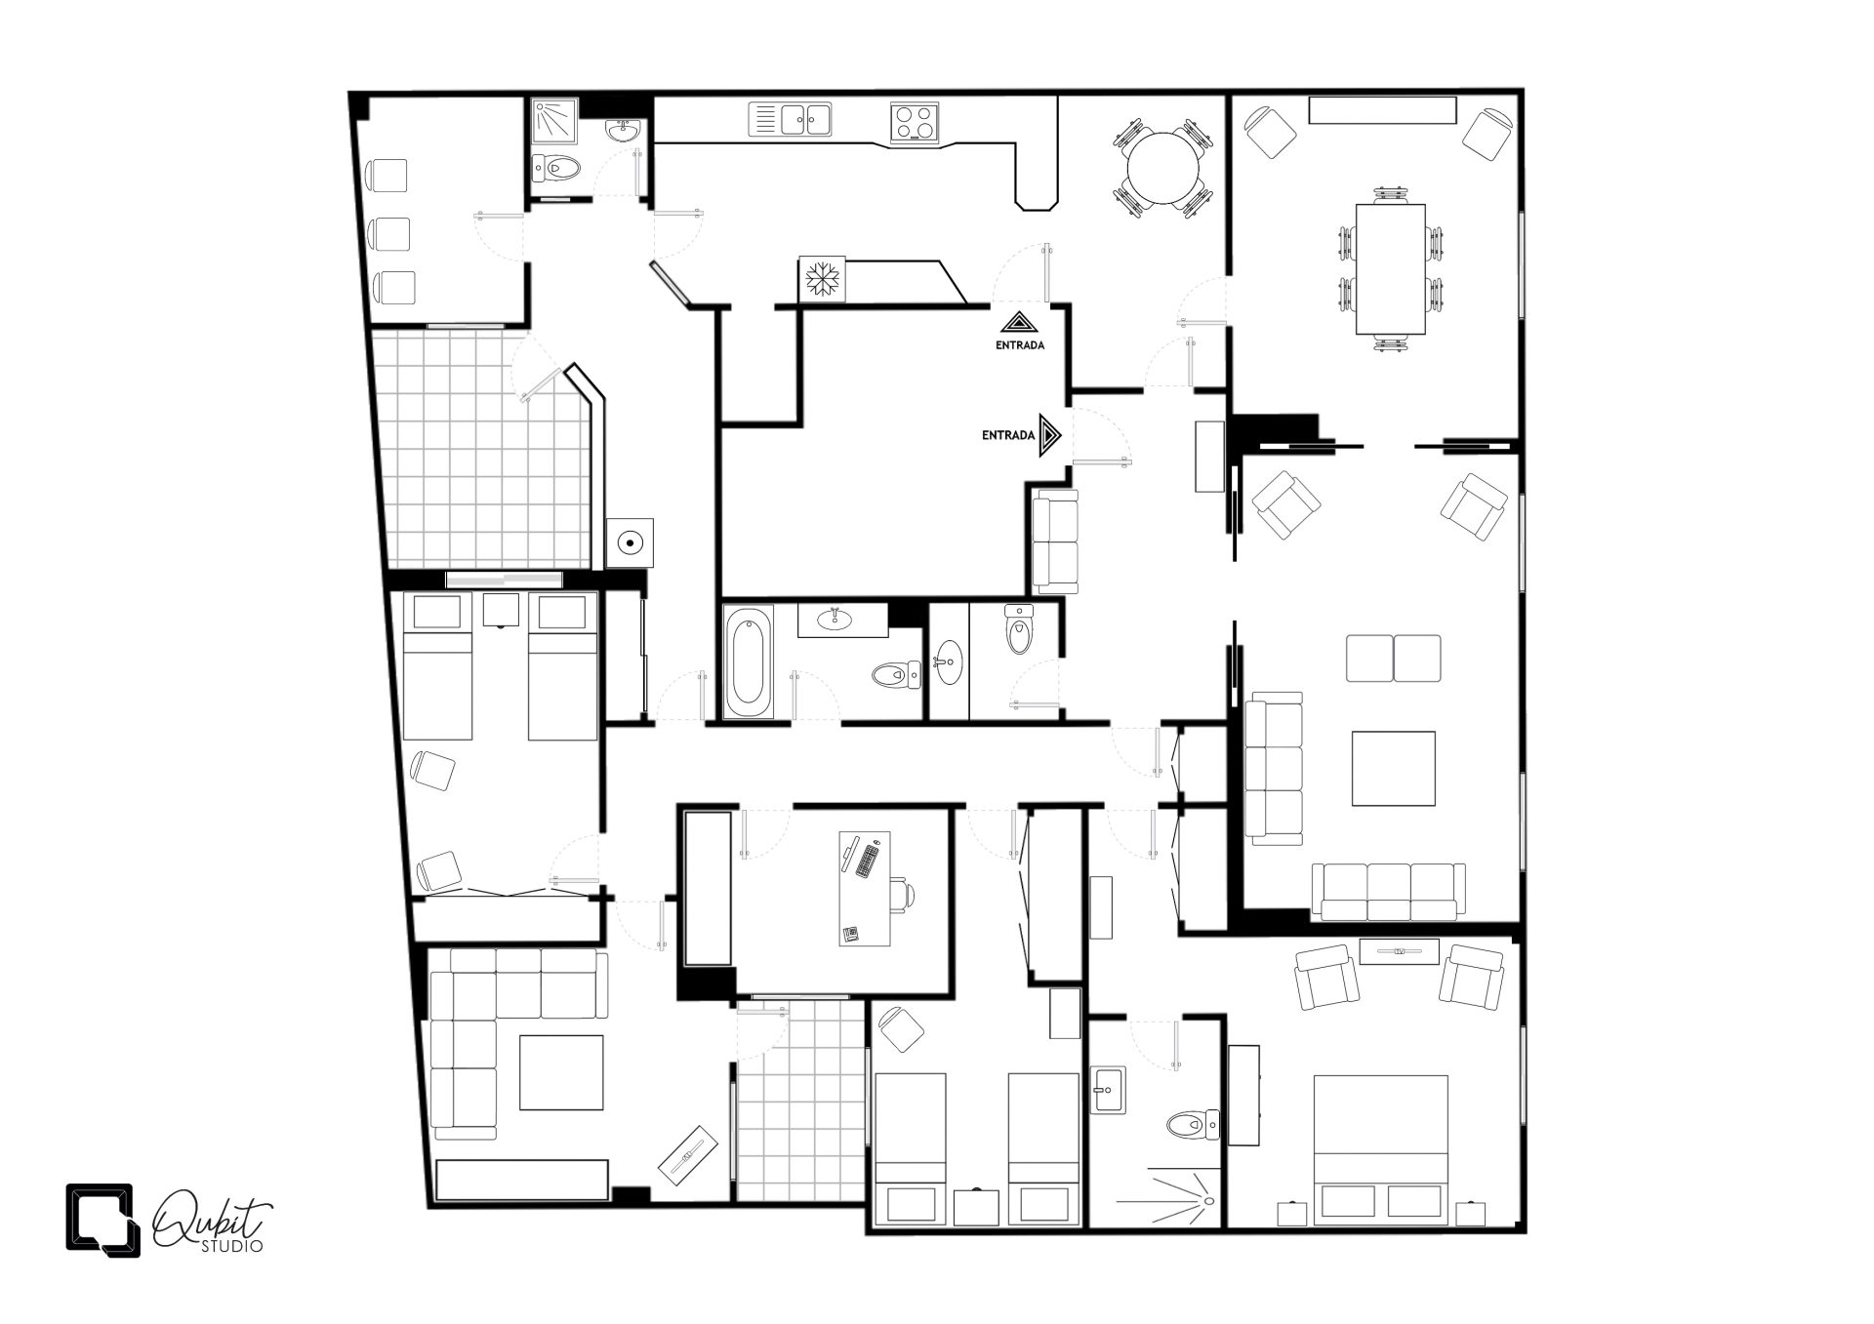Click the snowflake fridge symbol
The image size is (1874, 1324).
823,279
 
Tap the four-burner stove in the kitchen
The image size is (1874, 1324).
915,122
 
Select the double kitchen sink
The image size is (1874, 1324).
791,119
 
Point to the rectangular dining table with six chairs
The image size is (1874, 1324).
1390,268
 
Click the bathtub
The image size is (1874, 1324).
749,662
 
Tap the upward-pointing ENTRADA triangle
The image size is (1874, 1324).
1019,323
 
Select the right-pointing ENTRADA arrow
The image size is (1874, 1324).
1050,435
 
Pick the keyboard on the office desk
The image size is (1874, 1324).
866,861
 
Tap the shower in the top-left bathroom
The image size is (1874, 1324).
555,119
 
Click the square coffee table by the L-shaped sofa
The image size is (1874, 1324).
560,1072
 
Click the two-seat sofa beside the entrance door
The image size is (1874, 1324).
1055,541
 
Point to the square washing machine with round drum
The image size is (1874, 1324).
630,543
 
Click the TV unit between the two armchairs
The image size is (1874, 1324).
1398,950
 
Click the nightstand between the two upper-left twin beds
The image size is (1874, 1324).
502,610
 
